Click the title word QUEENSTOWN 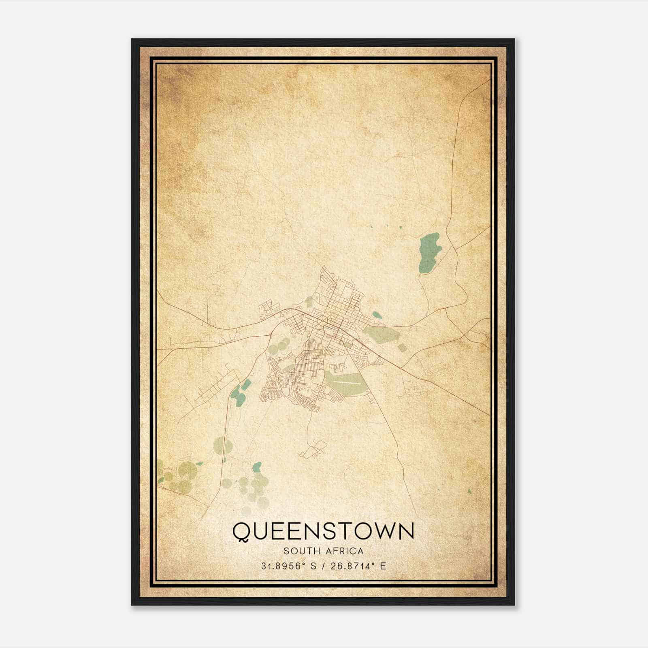(x=323, y=531)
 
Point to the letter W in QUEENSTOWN (x=380, y=531)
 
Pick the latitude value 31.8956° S (x=289, y=566)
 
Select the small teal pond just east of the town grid (x=377, y=314)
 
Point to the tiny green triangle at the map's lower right (x=469, y=491)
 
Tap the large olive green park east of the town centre (x=381, y=334)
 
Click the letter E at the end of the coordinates (x=383, y=566)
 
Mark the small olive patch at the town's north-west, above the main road (x=309, y=302)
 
